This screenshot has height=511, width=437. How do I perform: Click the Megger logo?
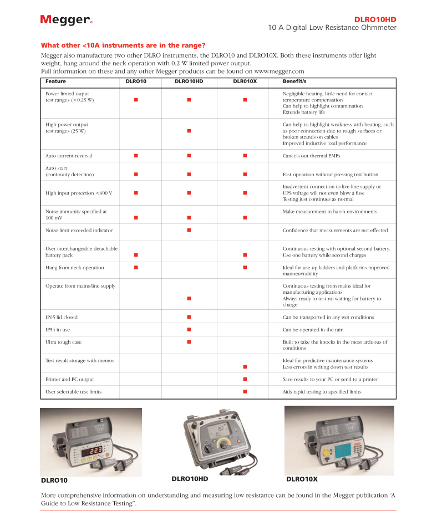tap(66, 20)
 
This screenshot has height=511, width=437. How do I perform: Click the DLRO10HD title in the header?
tap(375, 19)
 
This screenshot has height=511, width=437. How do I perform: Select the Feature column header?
tap(55, 81)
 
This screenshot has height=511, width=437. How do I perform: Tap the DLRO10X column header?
tap(245, 81)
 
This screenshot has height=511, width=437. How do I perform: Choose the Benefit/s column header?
tap(294, 81)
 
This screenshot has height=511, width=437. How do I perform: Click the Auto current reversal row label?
tap(69, 156)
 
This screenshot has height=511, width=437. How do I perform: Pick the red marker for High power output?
tap(189, 131)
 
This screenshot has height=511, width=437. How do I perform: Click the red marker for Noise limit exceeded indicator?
tap(189, 230)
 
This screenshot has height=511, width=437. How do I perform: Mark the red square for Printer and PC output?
tap(245, 379)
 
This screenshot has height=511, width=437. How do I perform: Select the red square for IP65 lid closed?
tap(189, 317)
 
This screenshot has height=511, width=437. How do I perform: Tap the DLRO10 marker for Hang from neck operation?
tap(136, 268)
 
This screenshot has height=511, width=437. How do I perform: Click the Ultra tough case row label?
tap(63, 342)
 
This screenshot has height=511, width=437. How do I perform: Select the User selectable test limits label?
tap(73, 392)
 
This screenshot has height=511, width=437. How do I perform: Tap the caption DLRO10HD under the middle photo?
tap(190, 478)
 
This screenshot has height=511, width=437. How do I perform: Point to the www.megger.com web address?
tap(279, 71)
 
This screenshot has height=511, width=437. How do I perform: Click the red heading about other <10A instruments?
tap(123, 45)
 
